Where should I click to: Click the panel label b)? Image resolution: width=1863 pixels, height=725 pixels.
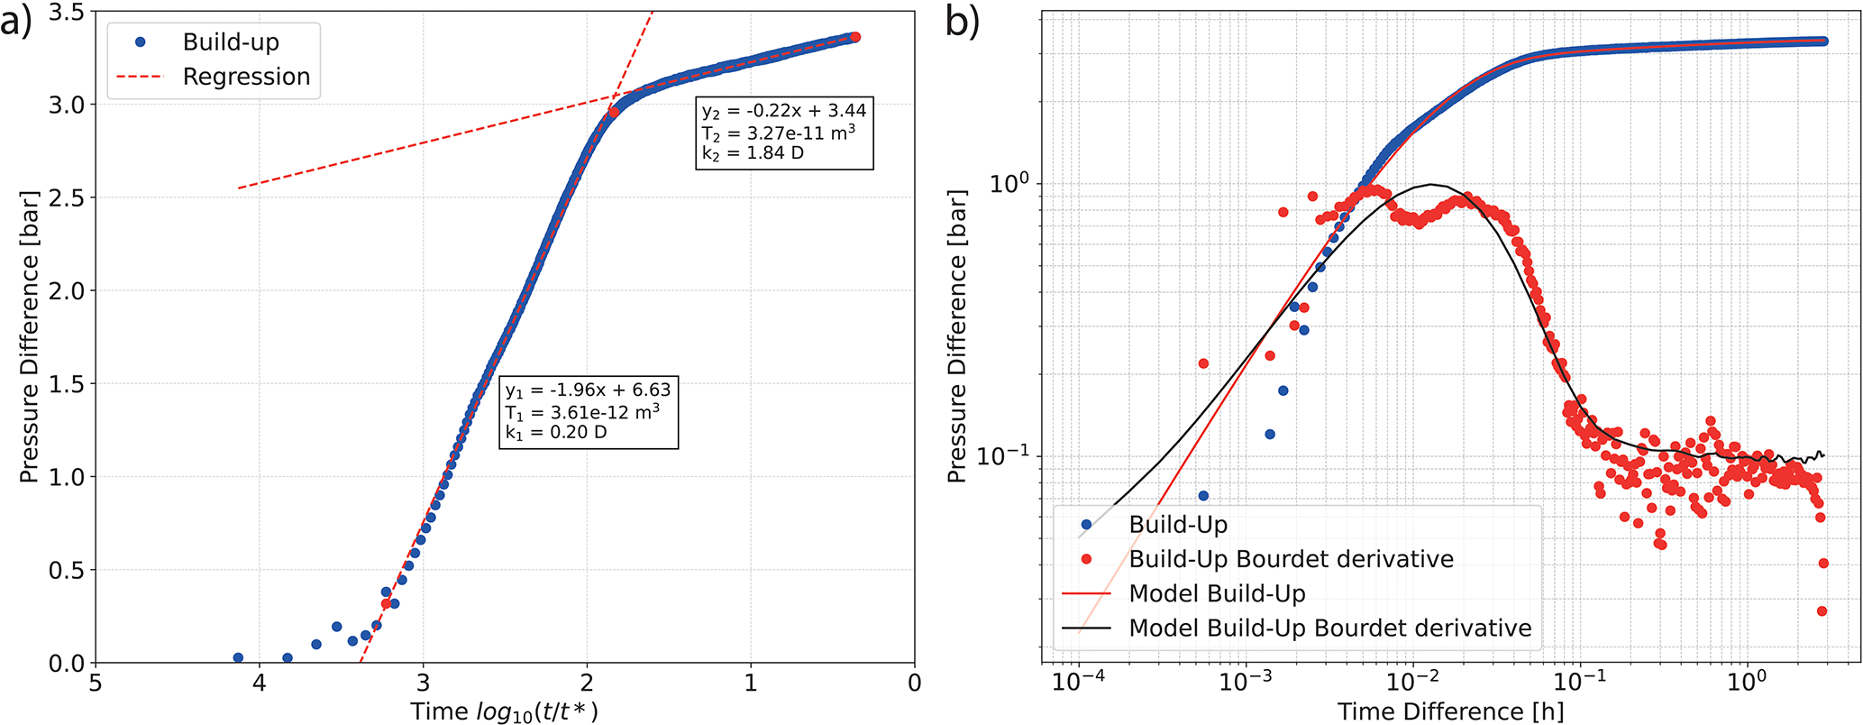pyautogui.click(x=962, y=23)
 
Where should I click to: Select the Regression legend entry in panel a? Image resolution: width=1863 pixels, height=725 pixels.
pyautogui.click(x=245, y=77)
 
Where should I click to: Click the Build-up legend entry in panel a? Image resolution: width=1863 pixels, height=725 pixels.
pyautogui.click(x=230, y=41)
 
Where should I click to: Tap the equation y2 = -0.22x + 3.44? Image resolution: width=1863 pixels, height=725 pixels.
pyautogui.click(x=783, y=111)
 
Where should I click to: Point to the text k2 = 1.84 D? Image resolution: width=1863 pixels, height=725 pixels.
pyautogui.click(x=753, y=153)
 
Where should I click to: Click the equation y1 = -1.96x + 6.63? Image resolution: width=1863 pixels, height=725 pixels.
pyautogui.click(x=587, y=390)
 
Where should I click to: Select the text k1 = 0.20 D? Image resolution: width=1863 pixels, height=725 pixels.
pyautogui.click(x=555, y=433)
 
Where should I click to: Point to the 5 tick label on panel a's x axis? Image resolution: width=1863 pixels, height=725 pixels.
pyautogui.click(x=96, y=684)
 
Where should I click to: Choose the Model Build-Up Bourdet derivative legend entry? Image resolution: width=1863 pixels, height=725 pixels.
pyautogui.click(x=1329, y=629)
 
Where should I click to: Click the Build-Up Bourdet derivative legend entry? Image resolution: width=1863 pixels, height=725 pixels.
pyautogui.click(x=1291, y=559)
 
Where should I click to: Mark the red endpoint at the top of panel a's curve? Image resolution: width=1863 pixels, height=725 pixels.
pyautogui.click(x=855, y=37)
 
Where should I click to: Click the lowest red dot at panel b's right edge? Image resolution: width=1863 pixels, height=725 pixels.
pyautogui.click(x=1822, y=611)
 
